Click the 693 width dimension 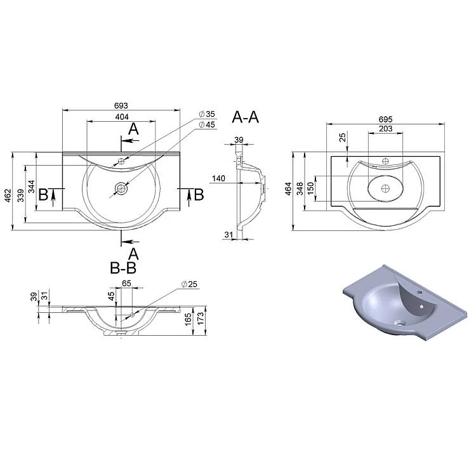(121, 105)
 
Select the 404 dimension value (122, 117)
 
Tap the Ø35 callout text (207, 114)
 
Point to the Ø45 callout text (207, 124)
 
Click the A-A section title (245, 117)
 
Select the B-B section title (123, 268)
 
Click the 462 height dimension (8, 195)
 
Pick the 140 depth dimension (218, 178)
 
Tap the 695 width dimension (385, 119)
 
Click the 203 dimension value (385, 129)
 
